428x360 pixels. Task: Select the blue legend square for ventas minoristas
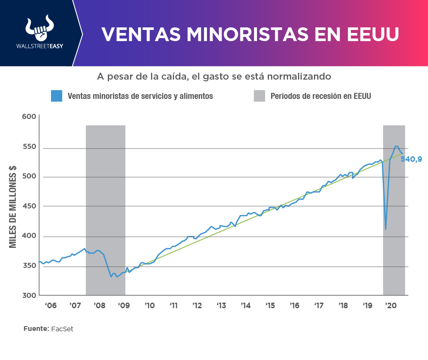pos(57,96)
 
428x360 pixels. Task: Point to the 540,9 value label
pos(411,159)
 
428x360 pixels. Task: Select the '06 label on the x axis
pos(50,306)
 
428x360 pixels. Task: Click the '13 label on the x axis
pos(221,306)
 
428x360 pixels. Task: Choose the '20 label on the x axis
pos(391,306)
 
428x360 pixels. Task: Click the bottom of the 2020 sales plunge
pos(386,229)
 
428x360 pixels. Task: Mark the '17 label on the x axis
pos(319,306)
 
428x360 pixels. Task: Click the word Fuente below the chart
pos(35,329)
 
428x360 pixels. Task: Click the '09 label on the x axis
pos(124,306)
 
